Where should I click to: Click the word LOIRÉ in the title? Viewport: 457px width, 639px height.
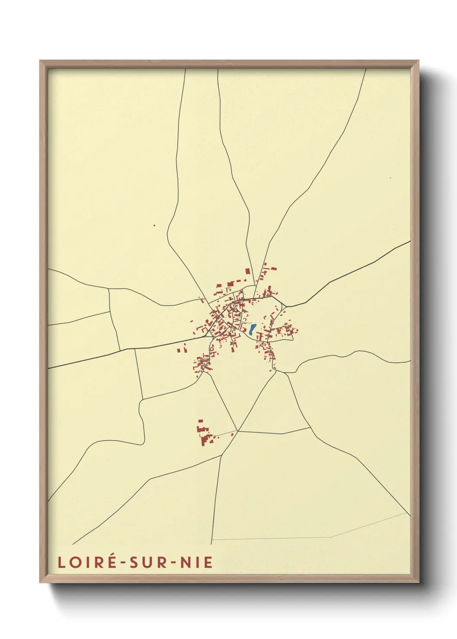[x=86, y=562]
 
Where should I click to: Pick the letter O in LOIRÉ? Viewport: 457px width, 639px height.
[x=75, y=562]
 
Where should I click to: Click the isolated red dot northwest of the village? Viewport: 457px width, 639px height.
[x=154, y=225]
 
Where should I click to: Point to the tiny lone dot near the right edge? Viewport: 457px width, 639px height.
[x=390, y=177]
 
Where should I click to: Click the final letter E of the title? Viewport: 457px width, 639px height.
[x=209, y=562]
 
